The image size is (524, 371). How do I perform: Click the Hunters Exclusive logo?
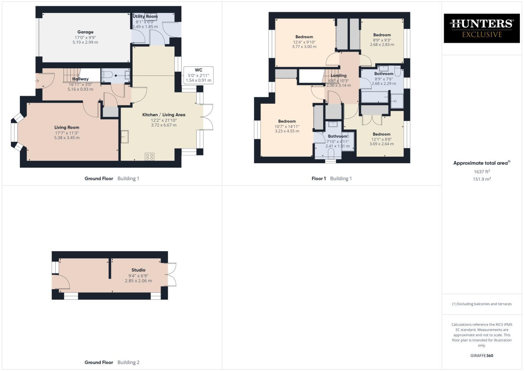tap(481, 28)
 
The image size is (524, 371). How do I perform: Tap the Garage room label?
tap(85, 32)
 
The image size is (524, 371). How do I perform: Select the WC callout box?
tap(198, 75)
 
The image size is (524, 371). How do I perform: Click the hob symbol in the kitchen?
tap(150, 157)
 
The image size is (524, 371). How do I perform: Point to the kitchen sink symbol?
tap(124, 136)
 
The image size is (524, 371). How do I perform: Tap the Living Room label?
tap(67, 127)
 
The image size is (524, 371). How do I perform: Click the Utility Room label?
tap(145, 16)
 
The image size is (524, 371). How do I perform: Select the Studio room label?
tap(138, 270)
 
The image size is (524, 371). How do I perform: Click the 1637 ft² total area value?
tap(481, 172)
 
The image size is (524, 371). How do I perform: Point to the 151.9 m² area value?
tap(481, 179)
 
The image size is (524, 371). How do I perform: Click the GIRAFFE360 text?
tap(481, 356)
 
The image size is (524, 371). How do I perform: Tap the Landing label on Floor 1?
tap(338, 76)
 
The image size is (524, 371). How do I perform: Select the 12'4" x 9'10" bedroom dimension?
tap(304, 42)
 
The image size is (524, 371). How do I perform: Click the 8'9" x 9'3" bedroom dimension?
tap(382, 40)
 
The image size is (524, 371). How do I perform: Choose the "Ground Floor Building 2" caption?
tap(112, 362)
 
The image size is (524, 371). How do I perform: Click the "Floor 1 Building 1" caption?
tap(331, 179)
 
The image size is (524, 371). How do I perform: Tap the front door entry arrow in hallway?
tap(37, 81)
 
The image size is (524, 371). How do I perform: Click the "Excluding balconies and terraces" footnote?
tap(481, 304)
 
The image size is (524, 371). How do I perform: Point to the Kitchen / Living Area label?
tap(164, 115)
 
